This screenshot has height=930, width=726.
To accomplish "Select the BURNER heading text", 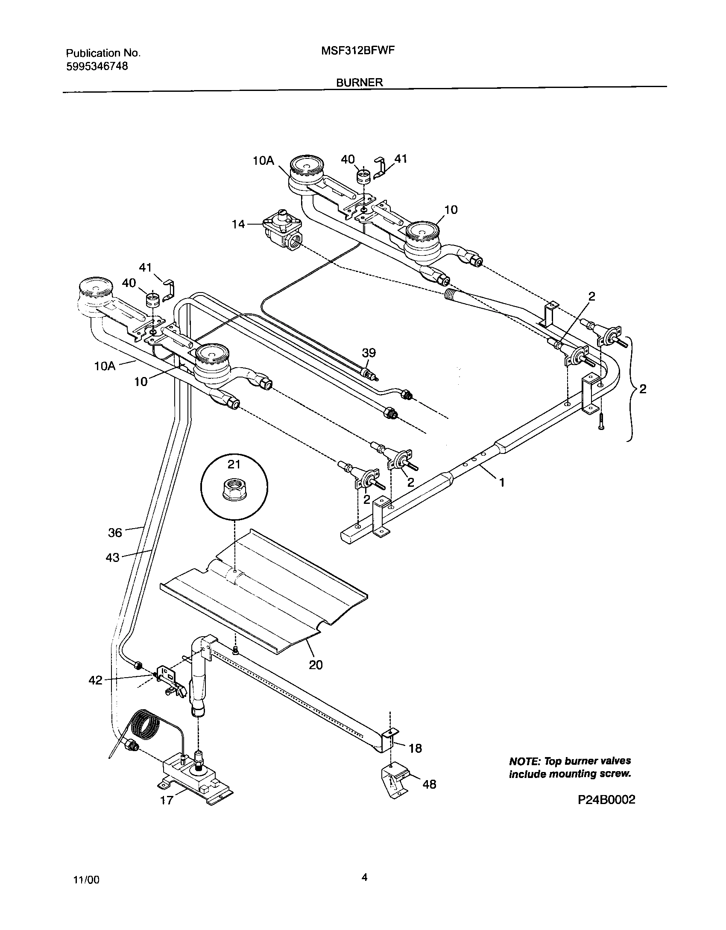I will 359,82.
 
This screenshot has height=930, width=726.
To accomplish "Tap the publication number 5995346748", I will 97,66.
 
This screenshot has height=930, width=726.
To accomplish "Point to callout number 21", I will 234,464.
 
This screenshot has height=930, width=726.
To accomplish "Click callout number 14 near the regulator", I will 239,224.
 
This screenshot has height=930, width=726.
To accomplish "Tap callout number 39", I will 369,353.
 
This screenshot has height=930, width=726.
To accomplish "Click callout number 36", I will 115,532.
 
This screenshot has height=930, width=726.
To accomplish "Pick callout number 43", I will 113,557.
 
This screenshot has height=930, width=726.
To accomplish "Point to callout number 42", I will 95,680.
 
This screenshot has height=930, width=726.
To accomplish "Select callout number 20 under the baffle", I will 316,664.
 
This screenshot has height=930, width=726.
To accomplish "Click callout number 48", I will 429,784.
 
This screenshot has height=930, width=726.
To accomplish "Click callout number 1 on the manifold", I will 502,483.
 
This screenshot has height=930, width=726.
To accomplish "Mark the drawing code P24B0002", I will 606,800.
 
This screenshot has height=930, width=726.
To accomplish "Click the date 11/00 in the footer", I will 87,880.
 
